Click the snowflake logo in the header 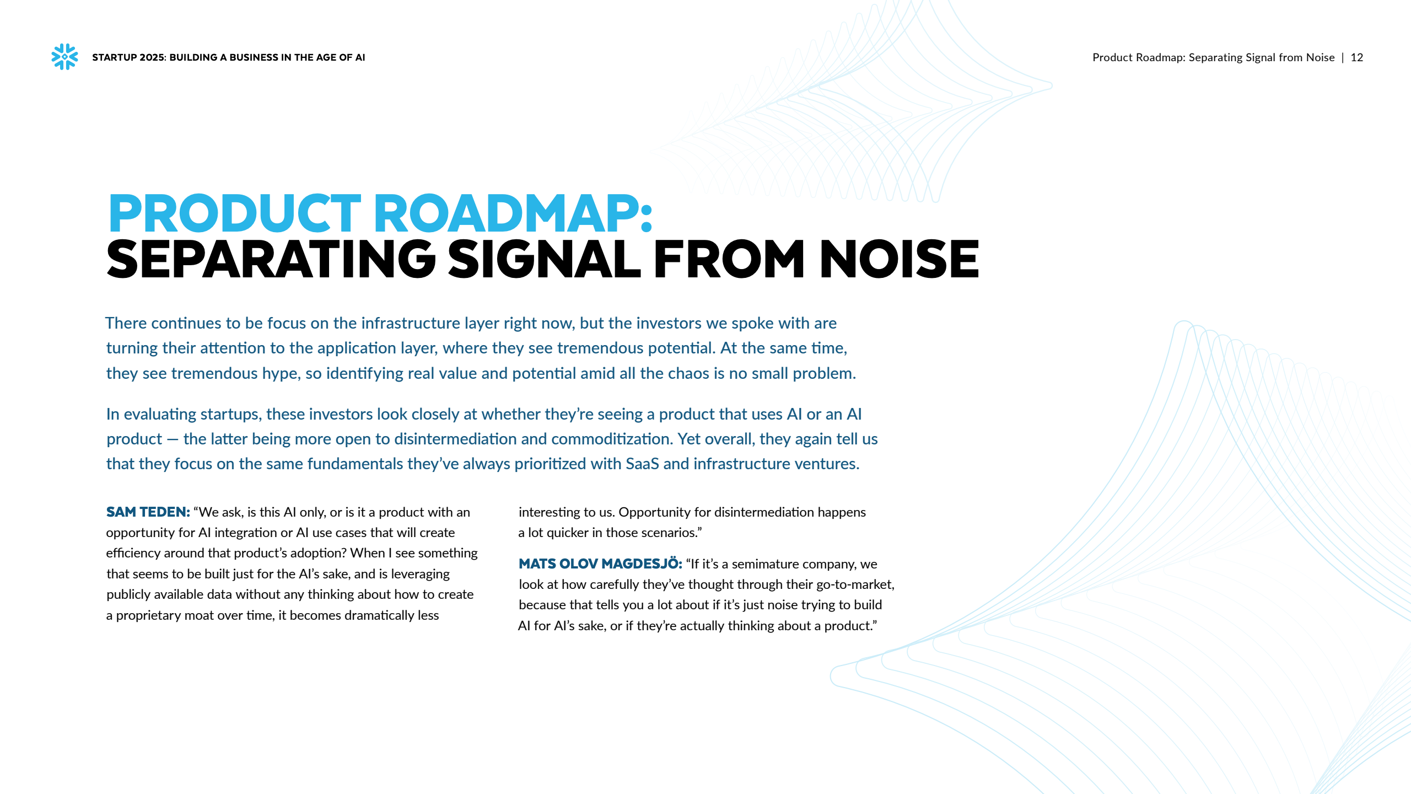click(x=64, y=57)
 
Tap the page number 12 click(x=1356, y=57)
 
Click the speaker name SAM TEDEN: click(x=148, y=512)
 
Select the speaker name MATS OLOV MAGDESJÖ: click(x=600, y=564)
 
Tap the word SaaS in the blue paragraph click(x=642, y=464)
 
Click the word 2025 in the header click(x=152, y=57)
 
